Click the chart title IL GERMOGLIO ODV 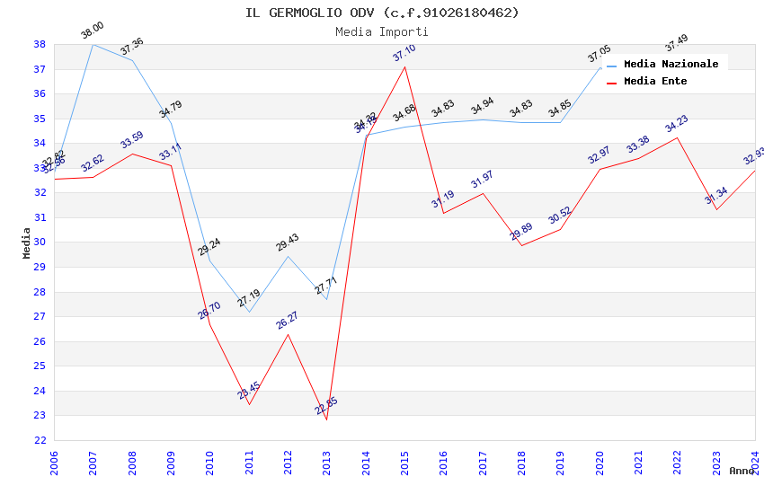[x=382, y=13]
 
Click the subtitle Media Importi [x=382, y=31]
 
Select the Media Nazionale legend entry [x=671, y=64]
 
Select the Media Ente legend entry [x=655, y=81]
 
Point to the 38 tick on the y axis [x=40, y=44]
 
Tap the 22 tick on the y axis [x=40, y=440]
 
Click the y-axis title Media [x=27, y=243]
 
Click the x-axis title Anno [x=742, y=471]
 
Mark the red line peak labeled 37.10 [x=404, y=66]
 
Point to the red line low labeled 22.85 [x=326, y=419]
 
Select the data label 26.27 [x=288, y=321]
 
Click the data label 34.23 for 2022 [x=676, y=124]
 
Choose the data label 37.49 [x=676, y=43]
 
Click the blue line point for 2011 [x=249, y=312]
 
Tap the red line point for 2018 [x=521, y=245]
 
